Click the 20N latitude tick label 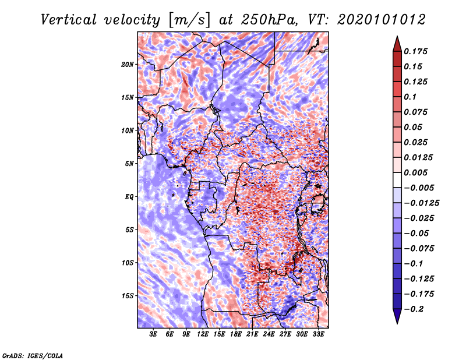click(128, 65)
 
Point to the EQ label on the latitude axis click(129, 197)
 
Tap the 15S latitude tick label click(128, 296)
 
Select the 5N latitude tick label click(129, 164)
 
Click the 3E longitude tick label click(153, 334)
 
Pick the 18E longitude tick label click(236, 334)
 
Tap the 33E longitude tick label click(318, 334)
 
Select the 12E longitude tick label click(203, 334)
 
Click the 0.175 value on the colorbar click(416, 51)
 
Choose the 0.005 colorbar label click(416, 172)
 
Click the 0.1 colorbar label click(410, 97)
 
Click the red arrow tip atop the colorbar click(397, 37)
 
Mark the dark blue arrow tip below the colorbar click(397, 323)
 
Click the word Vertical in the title click(69, 20)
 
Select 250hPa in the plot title click(269, 20)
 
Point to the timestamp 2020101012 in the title click(382, 20)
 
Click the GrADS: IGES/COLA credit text click(33, 356)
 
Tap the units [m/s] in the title click(189, 20)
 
